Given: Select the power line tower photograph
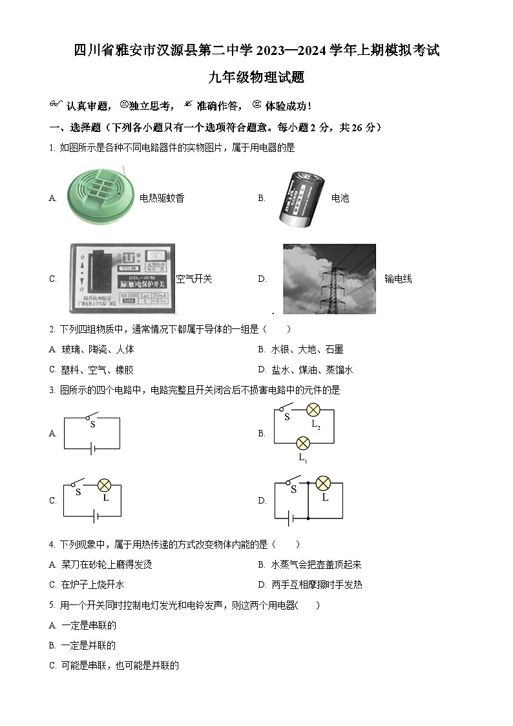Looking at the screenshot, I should click(x=329, y=278).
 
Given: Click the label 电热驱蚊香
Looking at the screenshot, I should click(x=162, y=198).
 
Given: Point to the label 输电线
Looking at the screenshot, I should click(x=398, y=279).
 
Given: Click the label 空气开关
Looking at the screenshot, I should click(x=194, y=279).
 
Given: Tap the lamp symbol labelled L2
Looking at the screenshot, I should click(x=313, y=410).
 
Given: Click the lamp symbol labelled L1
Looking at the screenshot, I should click(x=302, y=443).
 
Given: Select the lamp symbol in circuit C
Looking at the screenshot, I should click(x=105, y=486).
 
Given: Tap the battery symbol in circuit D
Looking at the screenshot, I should click(x=291, y=518).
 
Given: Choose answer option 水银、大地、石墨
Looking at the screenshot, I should click(x=307, y=349).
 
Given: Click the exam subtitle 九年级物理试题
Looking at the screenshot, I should click(x=256, y=78).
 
